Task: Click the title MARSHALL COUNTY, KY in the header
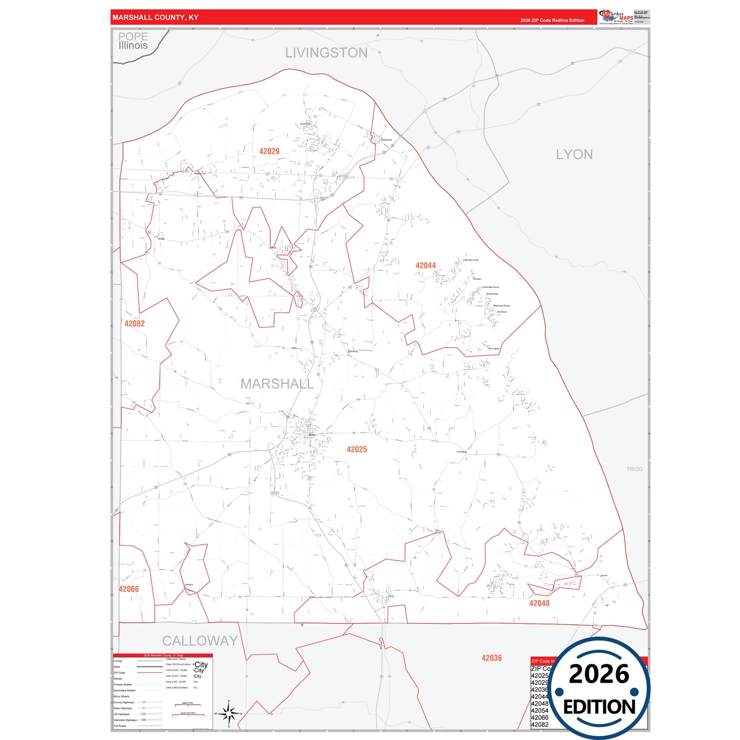click(155, 17)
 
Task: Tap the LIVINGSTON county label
click(326, 53)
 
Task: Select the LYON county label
click(574, 154)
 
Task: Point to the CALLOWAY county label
click(200, 641)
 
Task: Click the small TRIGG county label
click(634, 469)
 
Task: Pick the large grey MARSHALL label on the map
click(277, 384)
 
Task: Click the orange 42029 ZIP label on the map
click(269, 151)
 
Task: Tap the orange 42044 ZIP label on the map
click(426, 265)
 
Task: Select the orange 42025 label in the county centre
click(356, 449)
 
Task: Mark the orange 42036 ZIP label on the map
click(491, 658)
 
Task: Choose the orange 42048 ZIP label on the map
click(539, 603)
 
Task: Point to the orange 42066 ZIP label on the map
click(129, 589)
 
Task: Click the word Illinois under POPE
click(133, 46)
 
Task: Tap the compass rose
click(229, 713)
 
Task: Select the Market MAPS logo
click(617, 17)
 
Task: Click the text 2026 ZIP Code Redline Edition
click(552, 20)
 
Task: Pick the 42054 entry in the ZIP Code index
click(539, 710)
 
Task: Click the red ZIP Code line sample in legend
click(150, 673)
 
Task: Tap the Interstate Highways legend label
click(125, 720)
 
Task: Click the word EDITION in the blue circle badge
click(599, 707)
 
